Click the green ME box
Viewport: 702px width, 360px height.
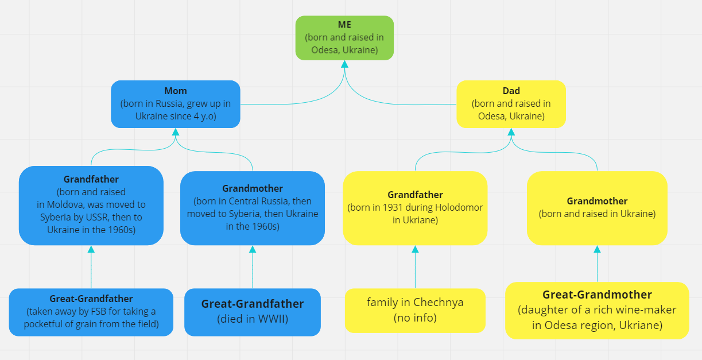(x=344, y=38)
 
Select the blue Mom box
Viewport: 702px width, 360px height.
(x=176, y=104)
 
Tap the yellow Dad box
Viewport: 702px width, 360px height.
(x=511, y=104)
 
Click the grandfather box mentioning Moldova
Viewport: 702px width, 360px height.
(x=91, y=206)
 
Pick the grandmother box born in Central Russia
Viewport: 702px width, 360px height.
(x=253, y=208)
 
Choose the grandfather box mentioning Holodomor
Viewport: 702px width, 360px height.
(x=415, y=208)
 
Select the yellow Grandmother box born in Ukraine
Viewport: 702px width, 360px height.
(x=597, y=208)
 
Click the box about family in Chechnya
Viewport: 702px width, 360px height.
(x=415, y=311)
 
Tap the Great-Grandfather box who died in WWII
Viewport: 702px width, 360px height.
(x=253, y=312)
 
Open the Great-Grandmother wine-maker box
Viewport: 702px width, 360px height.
(x=597, y=311)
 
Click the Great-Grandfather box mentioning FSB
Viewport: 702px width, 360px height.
(x=91, y=312)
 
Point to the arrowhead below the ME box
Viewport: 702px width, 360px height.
(x=344, y=64)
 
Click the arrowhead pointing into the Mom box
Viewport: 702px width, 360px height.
(x=176, y=131)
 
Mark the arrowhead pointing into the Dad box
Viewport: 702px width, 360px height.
(x=511, y=131)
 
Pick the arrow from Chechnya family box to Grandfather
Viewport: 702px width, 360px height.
(x=415, y=267)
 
